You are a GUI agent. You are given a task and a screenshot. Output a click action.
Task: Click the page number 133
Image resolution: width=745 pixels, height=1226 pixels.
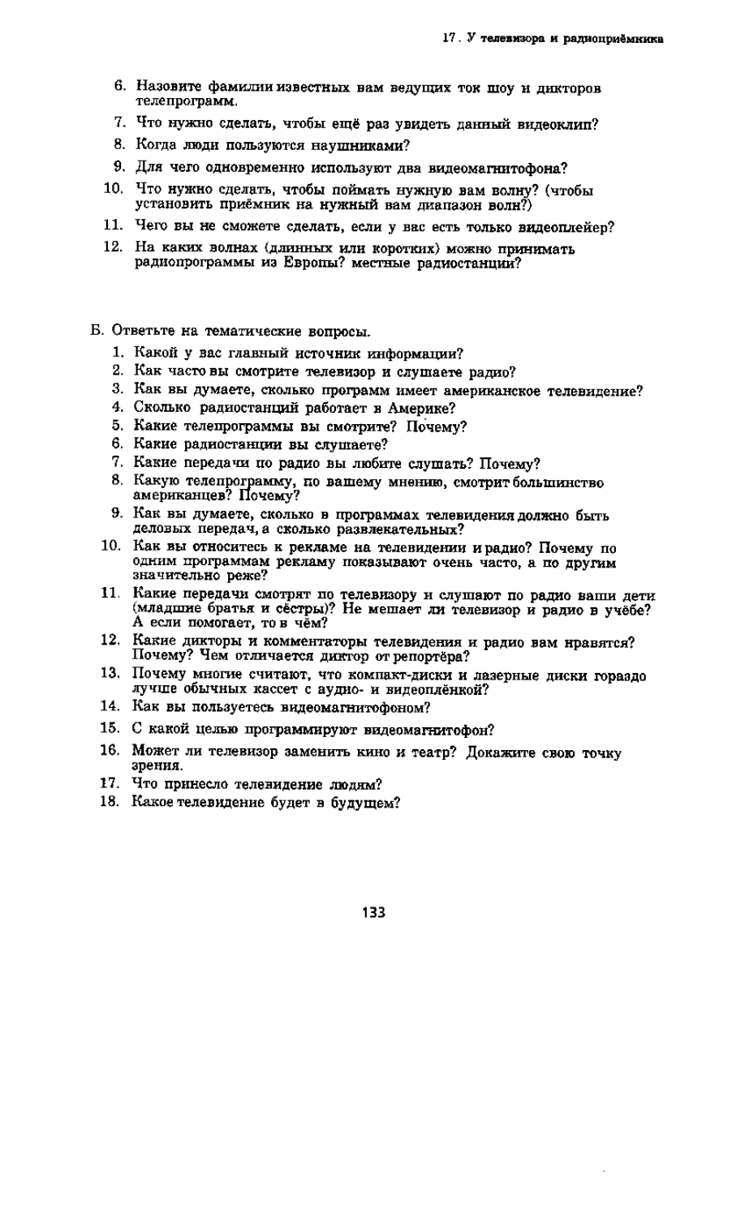[x=373, y=912]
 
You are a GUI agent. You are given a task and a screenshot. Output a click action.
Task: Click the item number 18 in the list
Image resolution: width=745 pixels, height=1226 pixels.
[x=110, y=803]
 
